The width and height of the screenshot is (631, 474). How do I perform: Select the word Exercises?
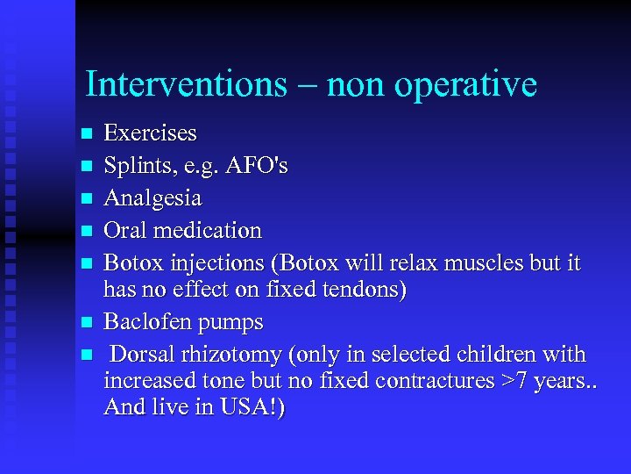pyautogui.click(x=150, y=133)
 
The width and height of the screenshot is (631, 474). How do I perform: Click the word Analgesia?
pyautogui.click(x=152, y=198)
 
